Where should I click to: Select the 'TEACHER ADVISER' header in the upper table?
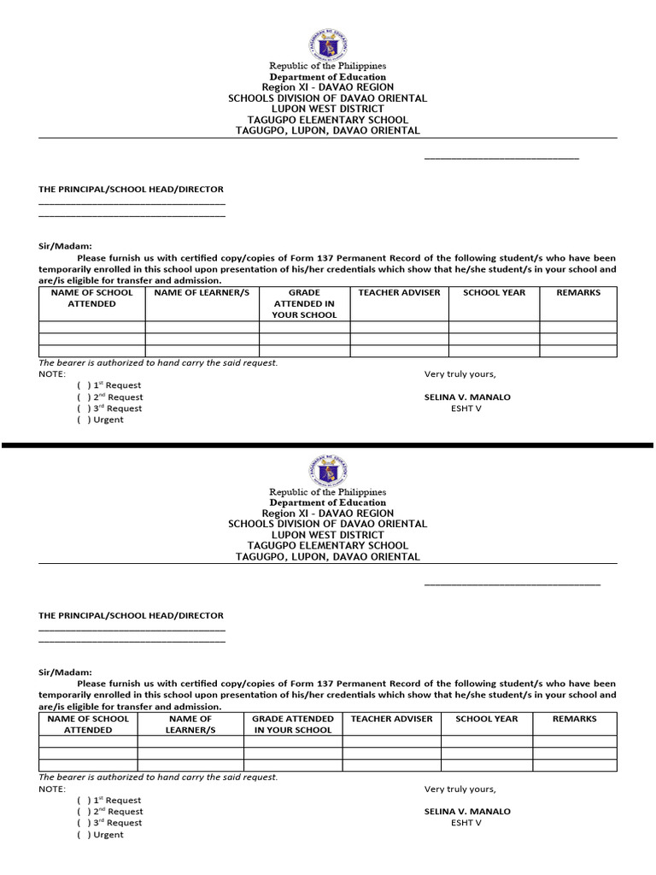click(399, 292)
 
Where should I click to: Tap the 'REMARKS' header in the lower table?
click(574, 719)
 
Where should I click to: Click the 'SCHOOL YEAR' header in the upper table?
click(494, 292)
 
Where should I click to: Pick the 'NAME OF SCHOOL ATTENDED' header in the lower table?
click(88, 725)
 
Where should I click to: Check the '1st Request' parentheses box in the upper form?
click(84, 385)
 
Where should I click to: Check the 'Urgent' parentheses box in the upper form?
click(84, 420)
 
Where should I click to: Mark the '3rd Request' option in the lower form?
click(84, 823)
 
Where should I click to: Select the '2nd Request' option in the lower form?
click(84, 812)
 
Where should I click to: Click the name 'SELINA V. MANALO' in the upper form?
click(467, 397)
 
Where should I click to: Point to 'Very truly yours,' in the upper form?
click(460, 374)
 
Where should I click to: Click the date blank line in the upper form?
click(501, 158)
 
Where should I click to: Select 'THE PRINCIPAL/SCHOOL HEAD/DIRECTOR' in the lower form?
click(131, 615)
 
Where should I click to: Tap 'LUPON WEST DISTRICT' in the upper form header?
click(327, 109)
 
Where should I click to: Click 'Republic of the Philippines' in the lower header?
click(328, 492)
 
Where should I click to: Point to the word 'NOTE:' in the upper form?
click(52, 374)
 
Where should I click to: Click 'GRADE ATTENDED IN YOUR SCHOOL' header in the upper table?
click(304, 303)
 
